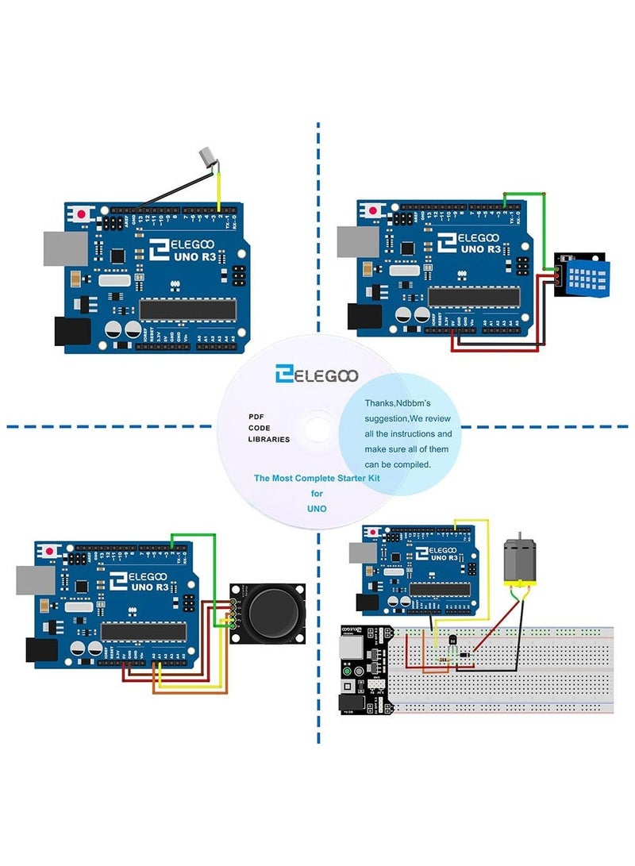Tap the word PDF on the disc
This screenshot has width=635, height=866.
[256, 416]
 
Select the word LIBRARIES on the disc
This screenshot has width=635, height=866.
[269, 438]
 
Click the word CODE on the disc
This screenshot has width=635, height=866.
[260, 427]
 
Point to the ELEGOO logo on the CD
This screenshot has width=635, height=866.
[316, 375]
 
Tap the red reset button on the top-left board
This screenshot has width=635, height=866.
[82, 212]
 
